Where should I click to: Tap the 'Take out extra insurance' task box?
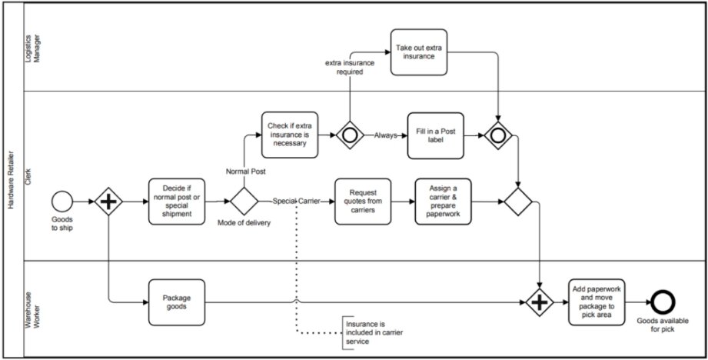[418, 52]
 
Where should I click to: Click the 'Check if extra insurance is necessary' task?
[288, 135]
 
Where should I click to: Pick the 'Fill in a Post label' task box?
[437, 135]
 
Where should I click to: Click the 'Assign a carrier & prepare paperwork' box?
[442, 202]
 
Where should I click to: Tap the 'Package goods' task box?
[176, 302]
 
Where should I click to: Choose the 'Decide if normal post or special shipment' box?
[177, 202]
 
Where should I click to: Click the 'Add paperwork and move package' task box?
[597, 302]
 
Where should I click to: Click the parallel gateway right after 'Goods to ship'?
[109, 202]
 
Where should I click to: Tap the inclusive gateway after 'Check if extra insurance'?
[350, 135]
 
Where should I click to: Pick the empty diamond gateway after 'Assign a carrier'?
[518, 202]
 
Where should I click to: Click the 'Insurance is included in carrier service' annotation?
[374, 330]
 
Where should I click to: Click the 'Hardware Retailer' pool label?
[12, 180]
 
